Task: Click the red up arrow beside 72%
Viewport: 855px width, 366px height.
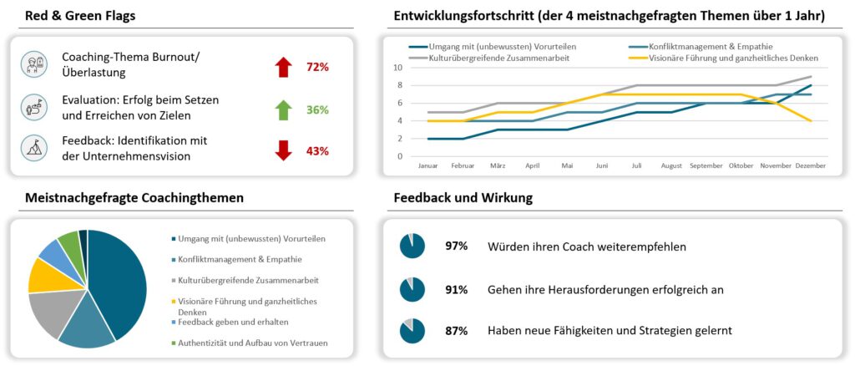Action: [283, 68]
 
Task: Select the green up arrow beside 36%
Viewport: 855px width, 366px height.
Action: [283, 109]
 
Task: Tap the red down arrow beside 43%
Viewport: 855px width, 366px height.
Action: [283, 150]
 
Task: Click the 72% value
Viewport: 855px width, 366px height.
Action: [317, 68]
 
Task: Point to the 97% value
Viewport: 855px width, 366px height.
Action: [456, 246]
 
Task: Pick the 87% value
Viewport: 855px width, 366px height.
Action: [456, 331]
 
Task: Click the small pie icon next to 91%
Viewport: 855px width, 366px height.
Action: [412, 289]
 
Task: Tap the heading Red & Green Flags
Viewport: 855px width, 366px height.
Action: [80, 15]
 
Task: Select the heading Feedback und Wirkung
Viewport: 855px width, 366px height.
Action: [463, 198]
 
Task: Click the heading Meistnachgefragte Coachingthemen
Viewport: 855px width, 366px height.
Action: [134, 198]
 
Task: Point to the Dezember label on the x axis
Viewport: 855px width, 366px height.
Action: [810, 166]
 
